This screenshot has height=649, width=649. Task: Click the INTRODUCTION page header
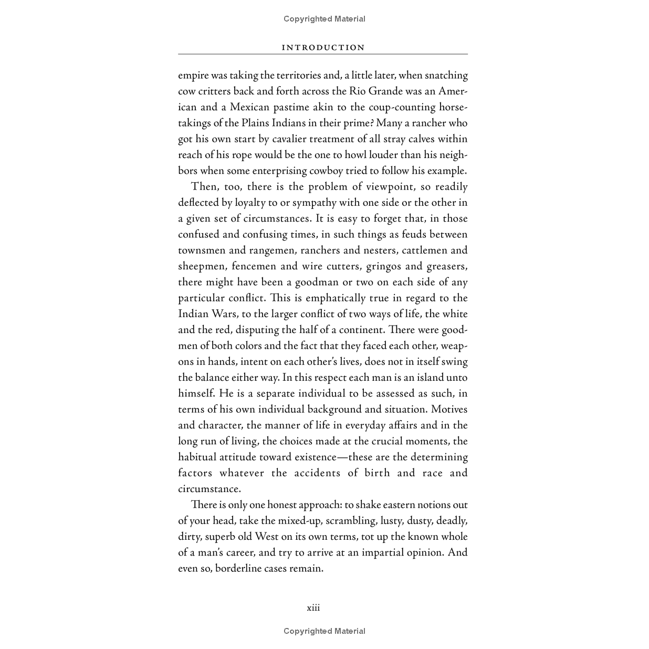coord(323,47)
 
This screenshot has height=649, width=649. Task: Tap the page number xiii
coord(313,608)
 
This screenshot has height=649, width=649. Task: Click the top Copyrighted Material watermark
coord(324,19)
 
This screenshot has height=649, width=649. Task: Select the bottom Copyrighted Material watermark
coord(324,631)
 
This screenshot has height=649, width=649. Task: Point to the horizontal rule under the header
coord(323,54)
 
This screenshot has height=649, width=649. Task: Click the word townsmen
coord(202,250)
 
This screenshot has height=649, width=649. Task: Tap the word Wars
coord(224,314)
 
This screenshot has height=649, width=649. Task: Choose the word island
coord(415,378)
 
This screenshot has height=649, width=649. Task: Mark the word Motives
coord(449,410)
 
